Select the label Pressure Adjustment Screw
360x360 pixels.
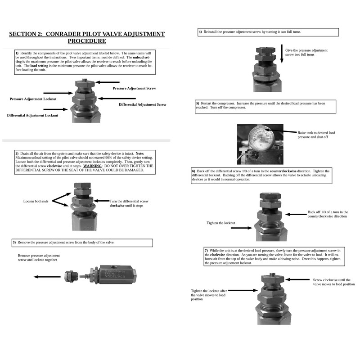pos(134,88)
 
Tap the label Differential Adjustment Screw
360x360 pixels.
pos(142,104)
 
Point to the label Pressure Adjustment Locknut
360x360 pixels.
pos(33,99)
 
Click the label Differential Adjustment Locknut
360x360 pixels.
pos(32,115)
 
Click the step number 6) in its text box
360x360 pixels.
pos(193,171)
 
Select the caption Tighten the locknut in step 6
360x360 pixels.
pos(220,223)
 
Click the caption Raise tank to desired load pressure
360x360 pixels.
pos(316,135)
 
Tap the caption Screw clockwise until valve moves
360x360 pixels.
pos(333,282)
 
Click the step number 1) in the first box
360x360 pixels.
pos(17,53)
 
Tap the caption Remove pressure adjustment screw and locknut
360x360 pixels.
pos(39,257)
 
